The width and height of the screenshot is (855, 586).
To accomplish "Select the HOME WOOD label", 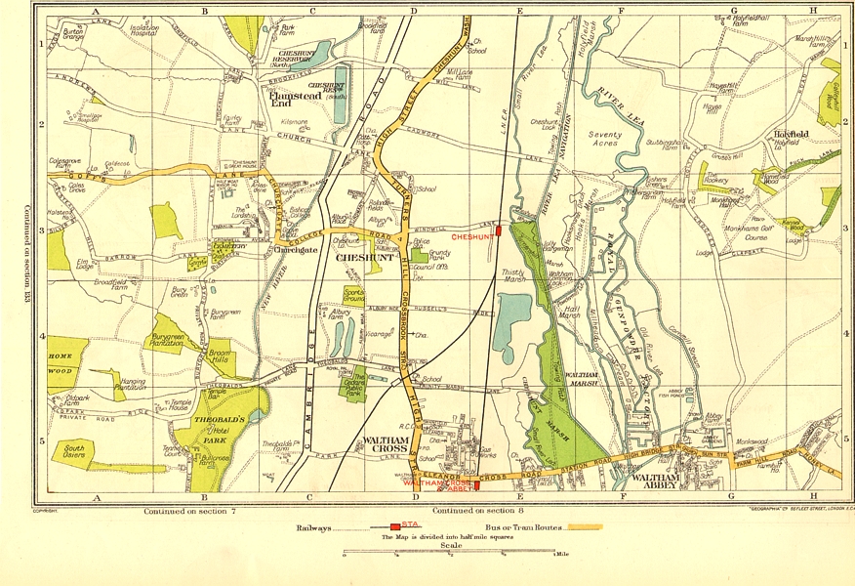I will point(62,363).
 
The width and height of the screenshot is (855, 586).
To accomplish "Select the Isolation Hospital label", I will point(143,31).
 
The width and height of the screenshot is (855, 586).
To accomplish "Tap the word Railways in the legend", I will point(313,527).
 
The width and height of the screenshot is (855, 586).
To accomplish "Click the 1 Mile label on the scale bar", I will point(565,555).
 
